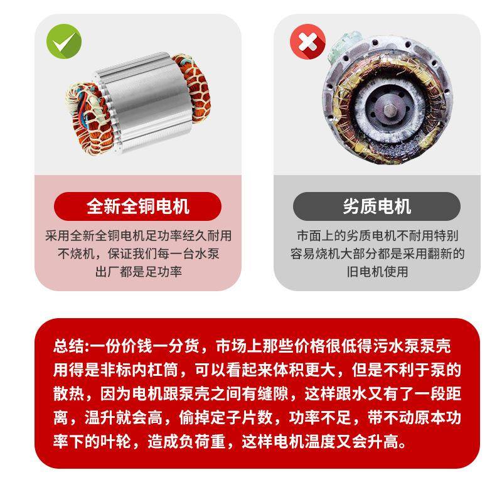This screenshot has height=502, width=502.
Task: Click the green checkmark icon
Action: point(64,42)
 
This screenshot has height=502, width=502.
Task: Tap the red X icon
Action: point(307,42)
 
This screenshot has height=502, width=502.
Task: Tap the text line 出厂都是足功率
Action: point(138,272)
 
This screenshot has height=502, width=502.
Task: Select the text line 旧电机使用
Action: point(376,272)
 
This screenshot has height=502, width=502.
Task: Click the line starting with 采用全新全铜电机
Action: point(138,237)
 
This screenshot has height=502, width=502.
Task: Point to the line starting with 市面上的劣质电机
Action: point(376,237)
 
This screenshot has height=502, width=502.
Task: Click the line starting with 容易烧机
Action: point(376,254)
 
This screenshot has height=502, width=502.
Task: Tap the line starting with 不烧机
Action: point(138,254)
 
